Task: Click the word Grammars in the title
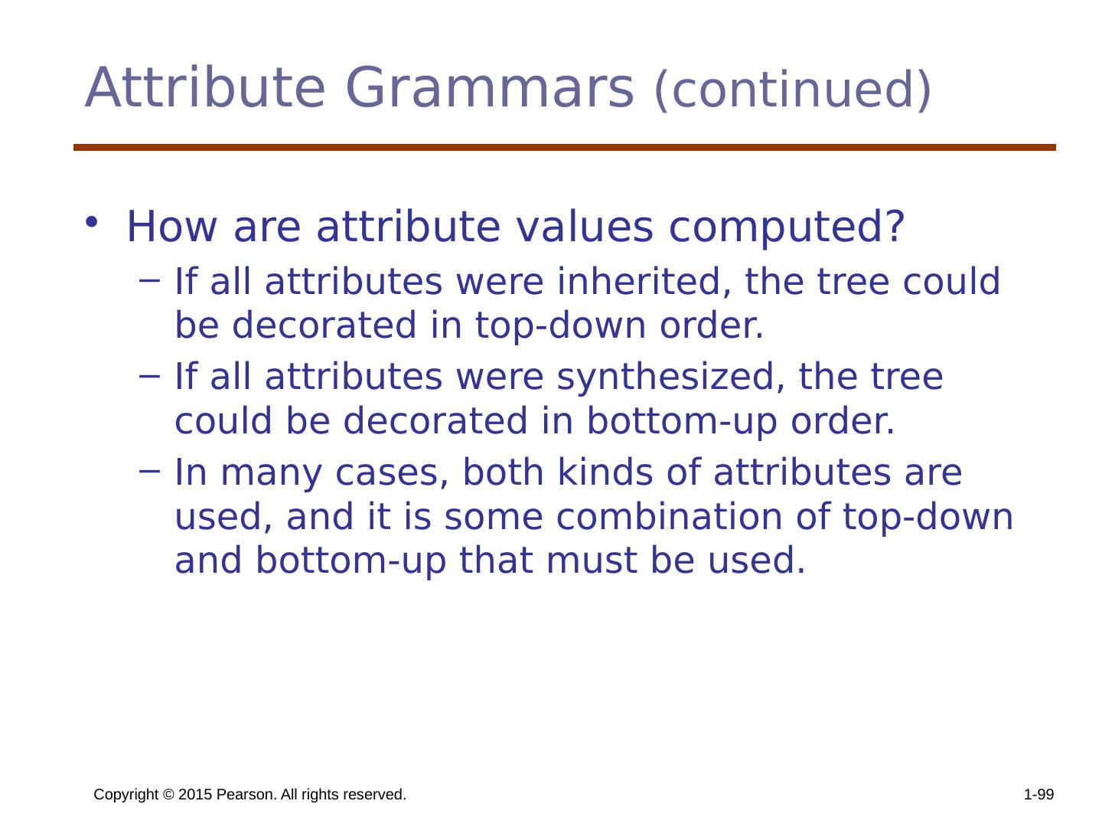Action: tap(490, 89)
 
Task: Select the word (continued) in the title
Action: tap(792, 90)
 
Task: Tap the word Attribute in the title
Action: tap(205, 87)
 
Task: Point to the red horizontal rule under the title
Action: tap(564, 148)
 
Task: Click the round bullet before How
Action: tap(91, 222)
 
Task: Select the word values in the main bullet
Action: tap(585, 227)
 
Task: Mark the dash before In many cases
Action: tap(149, 471)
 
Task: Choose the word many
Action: tap(271, 475)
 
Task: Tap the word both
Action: tap(503, 472)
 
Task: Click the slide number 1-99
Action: tap(1038, 794)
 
